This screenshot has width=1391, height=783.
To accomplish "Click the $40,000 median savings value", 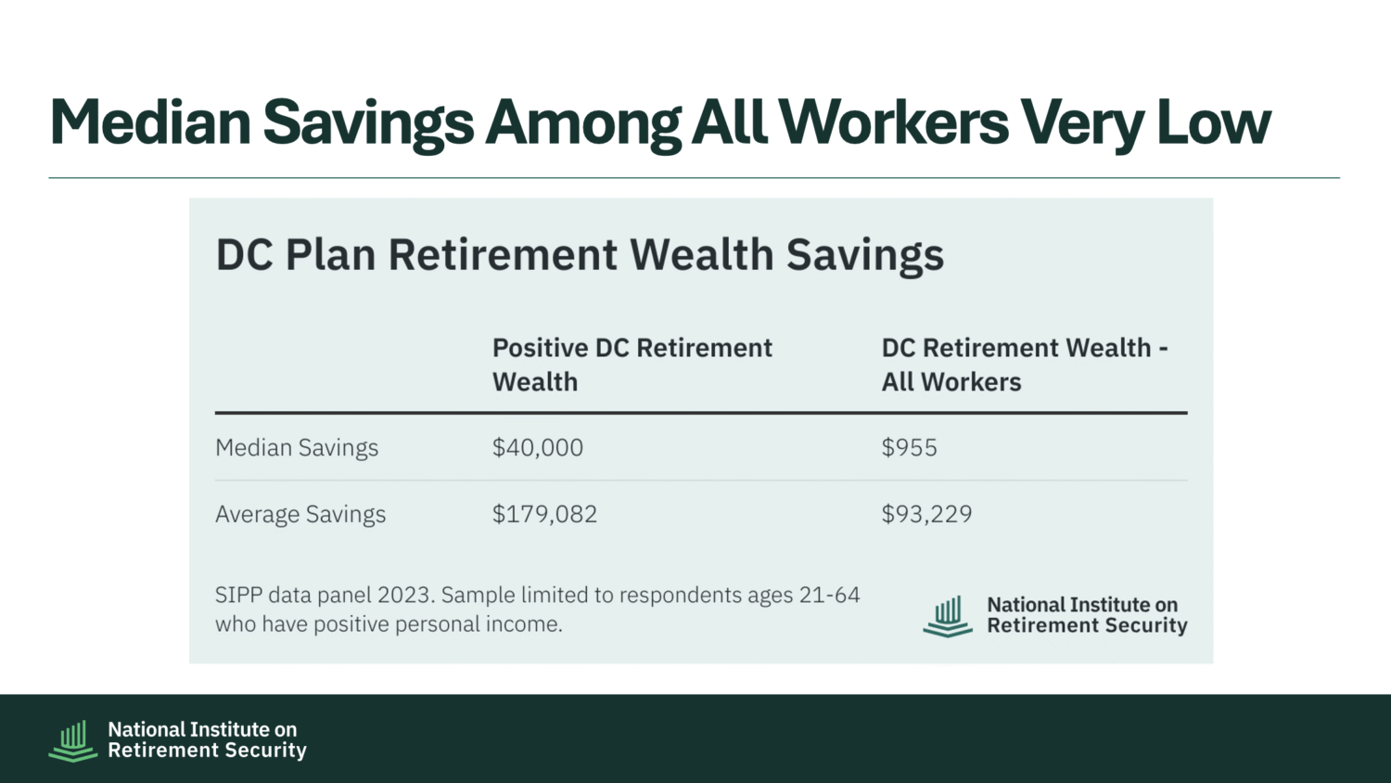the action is pyautogui.click(x=538, y=447).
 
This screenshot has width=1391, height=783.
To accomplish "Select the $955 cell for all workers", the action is pyautogui.click(x=909, y=447).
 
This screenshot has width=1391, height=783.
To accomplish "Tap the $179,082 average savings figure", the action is pyautogui.click(x=544, y=514).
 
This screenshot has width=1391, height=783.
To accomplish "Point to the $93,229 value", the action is pyautogui.click(x=926, y=514).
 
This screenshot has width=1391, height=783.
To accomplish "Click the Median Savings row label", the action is pyautogui.click(x=297, y=448).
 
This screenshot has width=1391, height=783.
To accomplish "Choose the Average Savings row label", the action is pyautogui.click(x=300, y=515).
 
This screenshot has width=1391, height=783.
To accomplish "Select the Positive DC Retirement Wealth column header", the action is pyautogui.click(x=632, y=365).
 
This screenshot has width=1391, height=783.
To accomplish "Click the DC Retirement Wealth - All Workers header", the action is pyautogui.click(x=1025, y=365).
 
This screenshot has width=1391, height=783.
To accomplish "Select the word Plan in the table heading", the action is pyautogui.click(x=330, y=255).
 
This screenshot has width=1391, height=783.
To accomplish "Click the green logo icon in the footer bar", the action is pyautogui.click(x=73, y=740).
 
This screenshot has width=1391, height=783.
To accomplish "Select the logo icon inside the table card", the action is pyautogui.click(x=948, y=616).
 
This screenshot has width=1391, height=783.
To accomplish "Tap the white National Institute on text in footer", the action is pyautogui.click(x=202, y=729).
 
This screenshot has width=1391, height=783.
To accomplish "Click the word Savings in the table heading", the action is pyautogui.click(x=865, y=256).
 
